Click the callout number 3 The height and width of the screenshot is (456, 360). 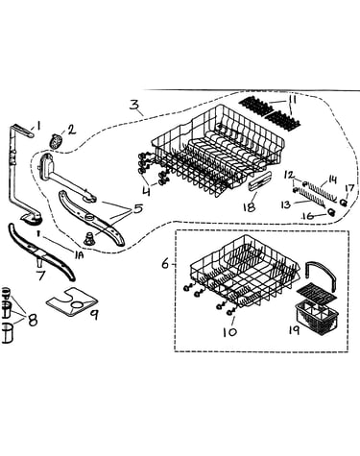pos(134,105)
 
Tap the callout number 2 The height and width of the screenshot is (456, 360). pos(71,130)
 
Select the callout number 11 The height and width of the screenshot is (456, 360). pos(291,99)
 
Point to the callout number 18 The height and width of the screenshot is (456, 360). pos(250,206)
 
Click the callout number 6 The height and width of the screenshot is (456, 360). pos(165,264)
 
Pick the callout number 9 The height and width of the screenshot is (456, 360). pos(94,315)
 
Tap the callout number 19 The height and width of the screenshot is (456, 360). pos(294,329)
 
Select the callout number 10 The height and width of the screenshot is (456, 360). pos(230,331)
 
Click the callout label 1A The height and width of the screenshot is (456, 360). pos(79,255)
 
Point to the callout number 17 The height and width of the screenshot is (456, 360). pos(348,188)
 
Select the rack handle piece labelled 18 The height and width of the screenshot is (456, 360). pos(259,182)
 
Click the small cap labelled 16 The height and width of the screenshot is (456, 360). pos(331,212)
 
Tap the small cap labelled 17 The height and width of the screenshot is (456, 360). pos(344,203)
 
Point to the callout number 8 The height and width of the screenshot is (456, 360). pos(33,320)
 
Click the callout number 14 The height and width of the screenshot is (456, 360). pos(332,180)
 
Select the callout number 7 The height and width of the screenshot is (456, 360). pos(41,275)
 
